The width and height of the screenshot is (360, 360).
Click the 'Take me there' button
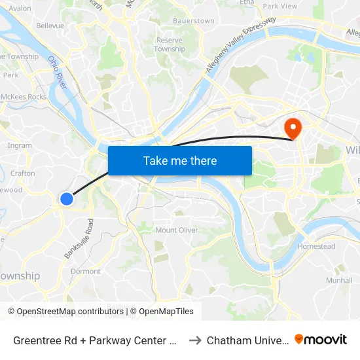[179, 161]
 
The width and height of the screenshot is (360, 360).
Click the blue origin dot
[67, 198]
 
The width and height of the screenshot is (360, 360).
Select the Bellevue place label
[50, 26]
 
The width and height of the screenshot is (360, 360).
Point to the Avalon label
[20, 9]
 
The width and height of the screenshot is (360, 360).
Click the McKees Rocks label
[24, 97]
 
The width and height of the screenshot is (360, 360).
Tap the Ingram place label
[20, 146]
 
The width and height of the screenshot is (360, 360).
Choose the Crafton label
[23, 173]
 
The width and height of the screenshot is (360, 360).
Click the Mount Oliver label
[176, 230]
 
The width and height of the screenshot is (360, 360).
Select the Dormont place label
[86, 271]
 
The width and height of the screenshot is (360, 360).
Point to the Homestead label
[316, 247]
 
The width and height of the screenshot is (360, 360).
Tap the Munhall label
[339, 280]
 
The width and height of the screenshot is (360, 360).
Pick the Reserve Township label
[170, 45]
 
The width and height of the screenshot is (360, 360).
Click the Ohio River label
[58, 73]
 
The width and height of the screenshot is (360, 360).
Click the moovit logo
[321, 340]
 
